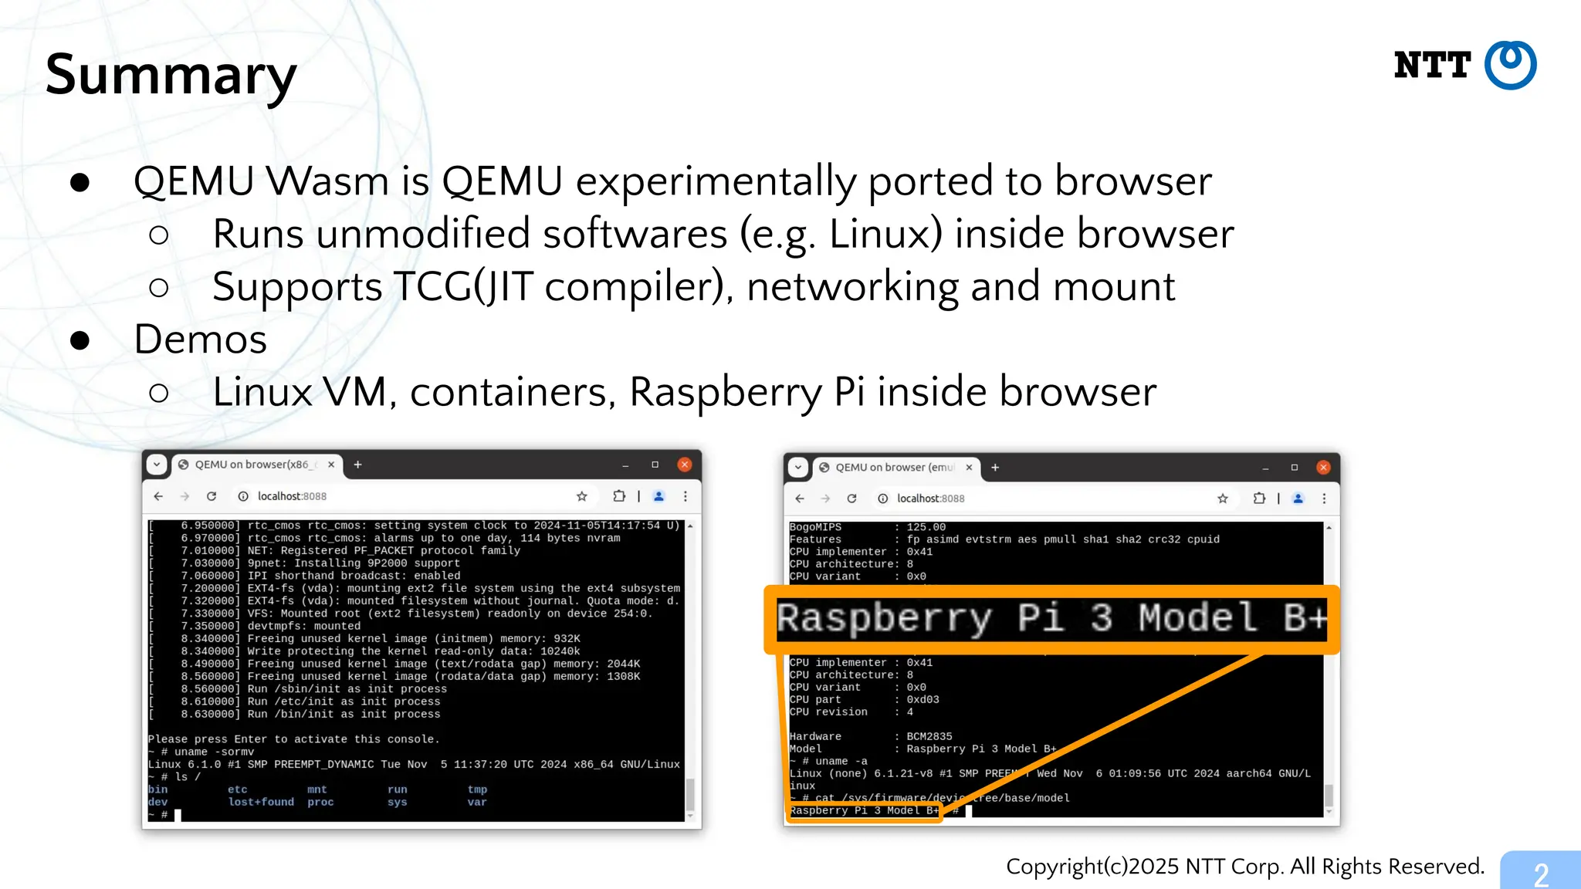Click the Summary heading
[171, 75]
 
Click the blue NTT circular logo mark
[1510, 65]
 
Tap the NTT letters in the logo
[1432, 66]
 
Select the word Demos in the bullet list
[200, 340]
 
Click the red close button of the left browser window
[684, 465]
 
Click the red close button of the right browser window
[1323, 468]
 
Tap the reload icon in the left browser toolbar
[212, 496]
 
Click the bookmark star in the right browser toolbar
[1223, 499]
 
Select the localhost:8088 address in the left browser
[292, 496]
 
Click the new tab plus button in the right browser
[995, 468]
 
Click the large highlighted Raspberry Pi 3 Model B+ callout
[1051, 619]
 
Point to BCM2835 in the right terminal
[929, 736]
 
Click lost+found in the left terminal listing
[261, 803]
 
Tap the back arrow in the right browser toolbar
[800, 499]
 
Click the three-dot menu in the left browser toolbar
[685, 496]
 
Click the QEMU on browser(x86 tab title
[251, 465]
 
